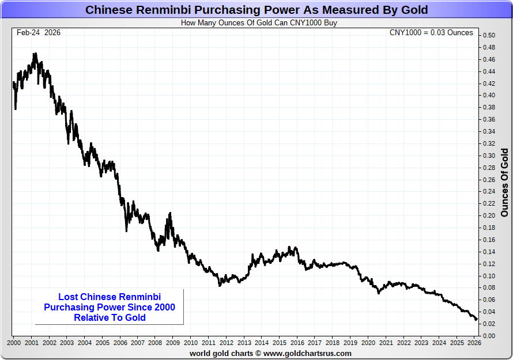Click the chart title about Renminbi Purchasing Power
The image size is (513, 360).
pos(256,10)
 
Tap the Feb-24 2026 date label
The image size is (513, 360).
pos(39,33)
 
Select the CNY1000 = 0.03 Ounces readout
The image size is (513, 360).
pos(431,33)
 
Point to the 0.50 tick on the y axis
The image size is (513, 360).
pos(489,36)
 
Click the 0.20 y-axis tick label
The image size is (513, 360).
pos(489,215)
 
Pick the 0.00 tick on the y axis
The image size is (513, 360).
pos(489,335)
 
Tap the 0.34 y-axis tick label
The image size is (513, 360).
pos(489,131)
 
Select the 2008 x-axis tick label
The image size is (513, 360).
pos(155,343)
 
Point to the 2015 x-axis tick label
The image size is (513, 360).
pos(279,343)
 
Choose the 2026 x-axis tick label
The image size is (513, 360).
pos(474,343)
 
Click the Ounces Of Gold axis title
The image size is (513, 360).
pos(504,183)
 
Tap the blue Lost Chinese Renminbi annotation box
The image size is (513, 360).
pos(110,307)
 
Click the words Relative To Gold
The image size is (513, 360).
pos(110,317)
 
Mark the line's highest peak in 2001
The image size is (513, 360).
pos(35,54)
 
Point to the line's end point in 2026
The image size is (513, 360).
pos(477,320)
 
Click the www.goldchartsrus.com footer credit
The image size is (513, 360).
pos(270,353)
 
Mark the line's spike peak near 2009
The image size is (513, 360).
pos(169,213)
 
